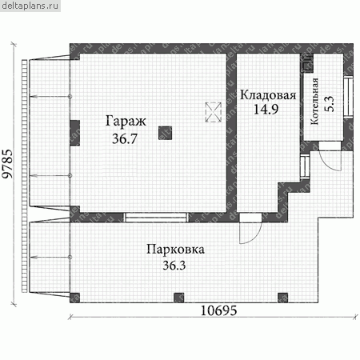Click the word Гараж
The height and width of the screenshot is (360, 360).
[x=126, y=122]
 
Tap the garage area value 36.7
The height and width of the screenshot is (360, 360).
[x=125, y=138]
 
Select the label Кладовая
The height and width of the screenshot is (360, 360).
[x=268, y=95]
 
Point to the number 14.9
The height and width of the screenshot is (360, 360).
[x=266, y=109]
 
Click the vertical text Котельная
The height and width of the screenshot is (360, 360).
[x=315, y=102]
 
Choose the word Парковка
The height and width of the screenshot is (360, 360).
[x=175, y=250]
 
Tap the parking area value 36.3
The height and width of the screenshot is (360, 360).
[x=174, y=266]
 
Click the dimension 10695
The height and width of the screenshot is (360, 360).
[x=218, y=310]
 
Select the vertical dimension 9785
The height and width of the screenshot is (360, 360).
[x=7, y=163]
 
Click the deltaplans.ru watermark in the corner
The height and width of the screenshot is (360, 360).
[x=30, y=6]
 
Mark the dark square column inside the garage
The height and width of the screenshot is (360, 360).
[x=165, y=133]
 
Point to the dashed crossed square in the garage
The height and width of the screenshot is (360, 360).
[x=214, y=112]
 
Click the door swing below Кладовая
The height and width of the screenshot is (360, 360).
[x=250, y=231]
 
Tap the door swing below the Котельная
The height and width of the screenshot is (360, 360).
[x=330, y=160]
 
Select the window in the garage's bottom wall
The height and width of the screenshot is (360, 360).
[x=156, y=218]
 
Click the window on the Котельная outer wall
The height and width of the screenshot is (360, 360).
[x=348, y=97]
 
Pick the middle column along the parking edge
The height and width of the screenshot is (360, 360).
[x=179, y=298]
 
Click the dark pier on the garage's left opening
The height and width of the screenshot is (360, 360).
[x=75, y=133]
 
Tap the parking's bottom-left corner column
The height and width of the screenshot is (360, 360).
[x=75, y=298]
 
